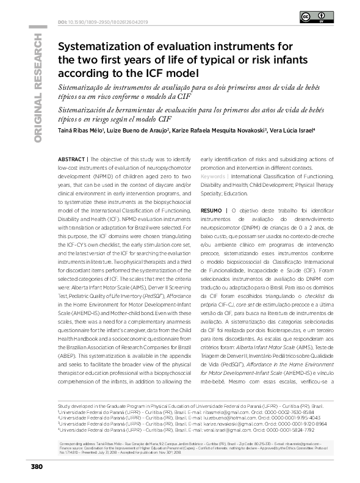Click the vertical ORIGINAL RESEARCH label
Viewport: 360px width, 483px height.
tap(38, 88)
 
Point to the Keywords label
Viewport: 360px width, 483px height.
tap(212, 176)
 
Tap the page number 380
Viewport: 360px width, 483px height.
tap(35, 467)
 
